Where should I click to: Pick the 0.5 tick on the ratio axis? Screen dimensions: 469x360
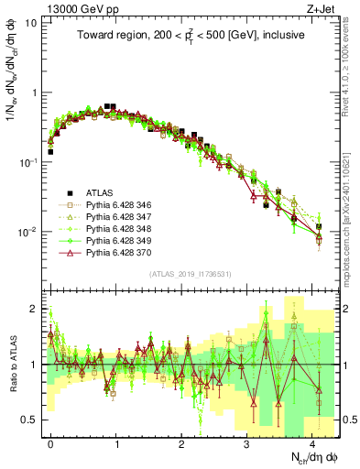(x=29, y=420)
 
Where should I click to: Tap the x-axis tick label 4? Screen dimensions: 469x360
(x=312, y=442)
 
